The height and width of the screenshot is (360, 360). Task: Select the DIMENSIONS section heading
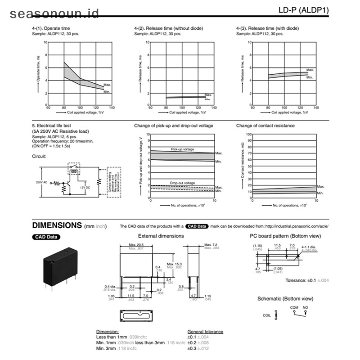pyautogui.click(x=57, y=225)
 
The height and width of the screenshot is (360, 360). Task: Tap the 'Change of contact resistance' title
pyautogui.click(x=265, y=126)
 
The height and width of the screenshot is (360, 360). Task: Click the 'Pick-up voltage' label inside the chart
pyautogui.click(x=182, y=149)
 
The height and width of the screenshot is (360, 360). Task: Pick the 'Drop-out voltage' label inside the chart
pyautogui.click(x=182, y=183)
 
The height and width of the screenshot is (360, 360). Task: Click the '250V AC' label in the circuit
pyautogui.click(x=41, y=182)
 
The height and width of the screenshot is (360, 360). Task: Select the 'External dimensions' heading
pyautogui.click(x=161, y=236)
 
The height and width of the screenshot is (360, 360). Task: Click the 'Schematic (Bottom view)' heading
pyautogui.click(x=285, y=298)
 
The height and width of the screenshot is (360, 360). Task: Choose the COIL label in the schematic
pyautogui.click(x=267, y=315)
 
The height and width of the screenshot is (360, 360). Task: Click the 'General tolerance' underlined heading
pyautogui.click(x=205, y=332)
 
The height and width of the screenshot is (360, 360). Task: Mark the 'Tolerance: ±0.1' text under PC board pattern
pyautogui.click(x=301, y=280)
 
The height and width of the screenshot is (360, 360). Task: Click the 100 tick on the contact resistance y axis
pyautogui.click(x=248, y=134)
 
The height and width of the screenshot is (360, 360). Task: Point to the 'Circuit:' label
pyautogui.click(x=39, y=157)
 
